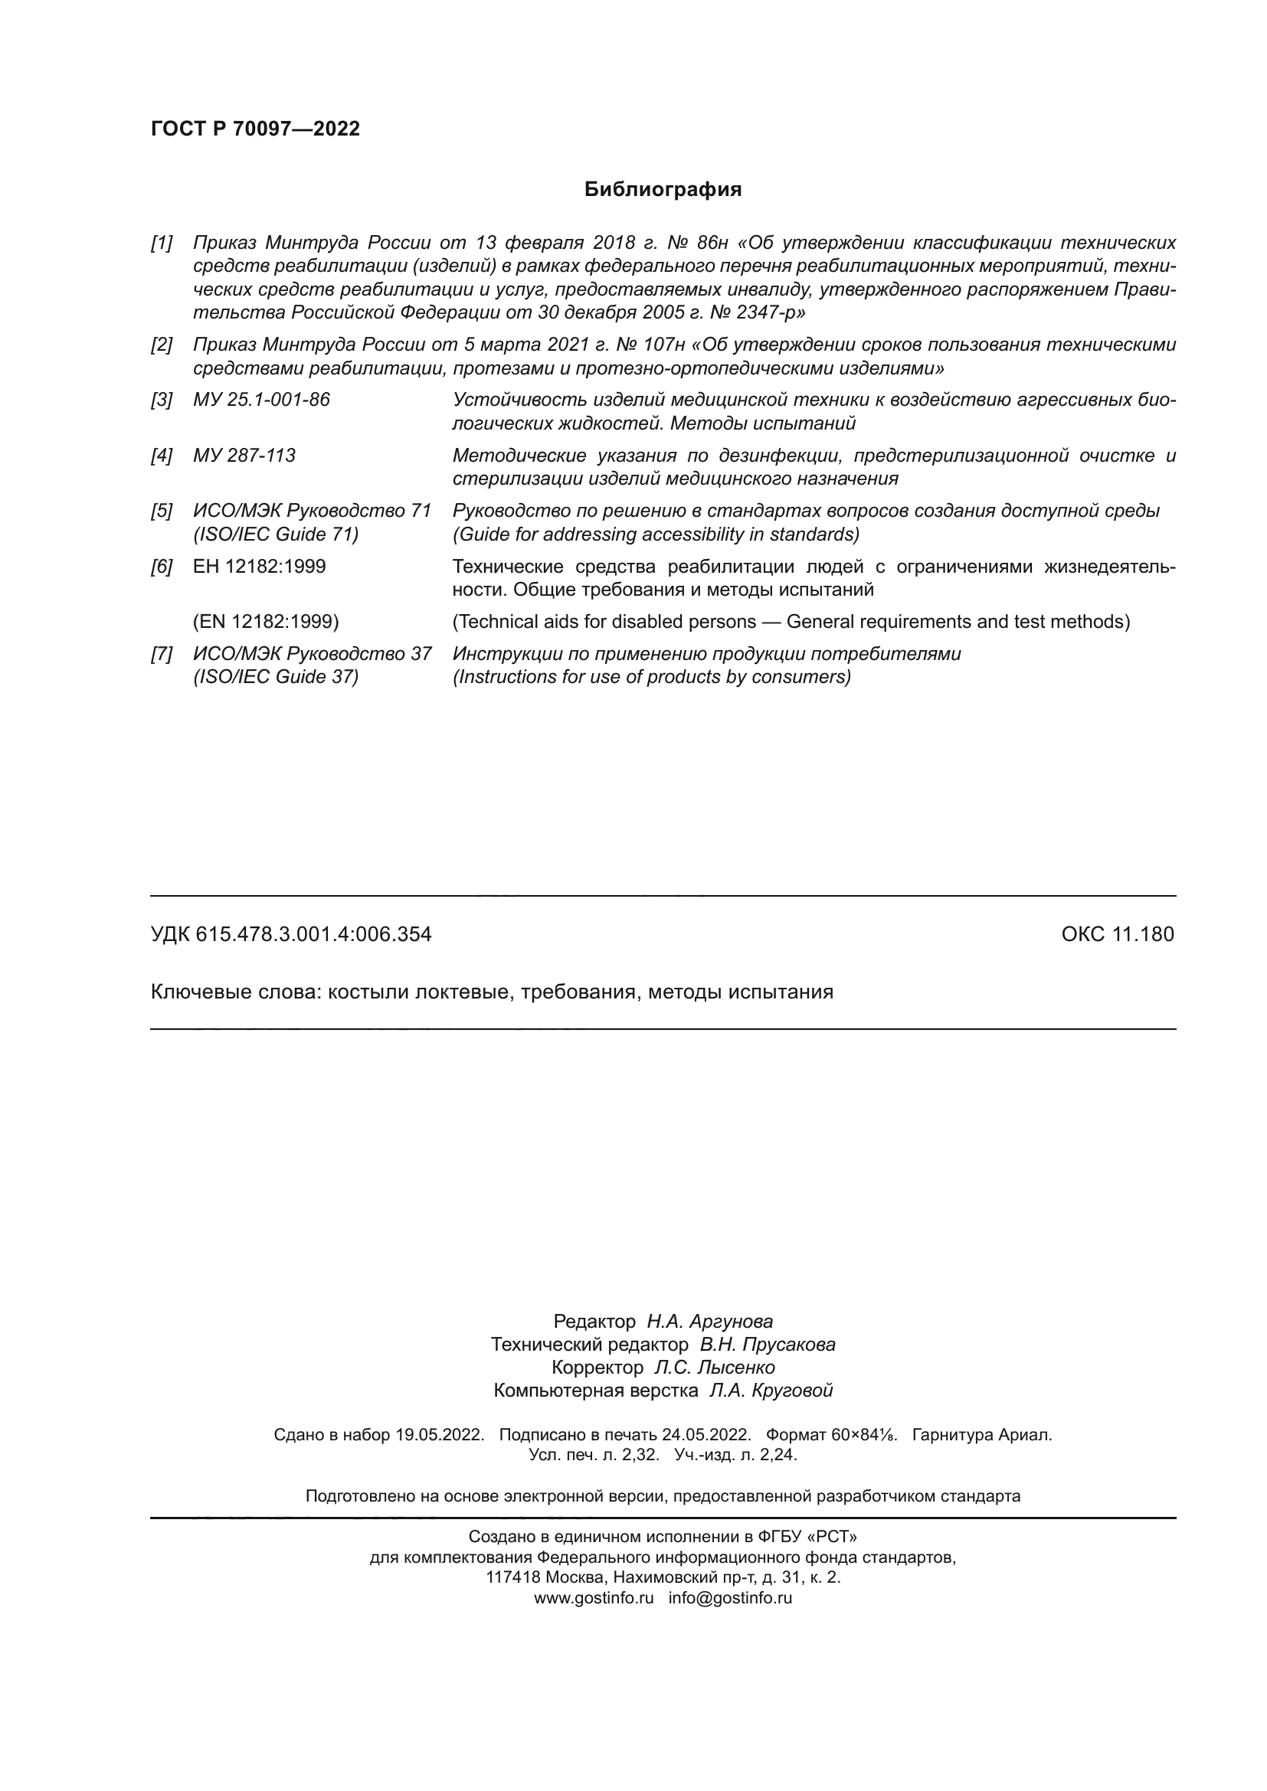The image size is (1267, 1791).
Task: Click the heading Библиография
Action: (x=663, y=190)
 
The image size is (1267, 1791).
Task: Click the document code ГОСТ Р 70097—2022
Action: (x=255, y=129)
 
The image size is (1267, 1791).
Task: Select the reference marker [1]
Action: (x=162, y=243)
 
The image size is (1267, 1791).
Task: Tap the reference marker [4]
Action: (x=162, y=456)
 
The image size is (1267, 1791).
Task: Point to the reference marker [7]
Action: (x=162, y=654)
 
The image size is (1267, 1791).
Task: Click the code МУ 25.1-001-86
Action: (x=261, y=400)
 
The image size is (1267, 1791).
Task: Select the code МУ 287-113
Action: (x=244, y=456)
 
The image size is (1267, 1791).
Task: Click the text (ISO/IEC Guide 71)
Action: (x=277, y=534)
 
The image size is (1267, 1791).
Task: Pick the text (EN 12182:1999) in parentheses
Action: (x=266, y=622)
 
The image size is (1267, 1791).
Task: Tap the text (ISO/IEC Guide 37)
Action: (x=277, y=676)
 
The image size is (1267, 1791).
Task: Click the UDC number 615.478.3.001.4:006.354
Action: (x=313, y=934)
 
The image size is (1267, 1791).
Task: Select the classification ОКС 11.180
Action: (x=1117, y=934)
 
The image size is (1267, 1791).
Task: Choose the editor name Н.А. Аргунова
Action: (x=710, y=1322)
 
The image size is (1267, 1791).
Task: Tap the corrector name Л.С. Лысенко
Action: (x=715, y=1368)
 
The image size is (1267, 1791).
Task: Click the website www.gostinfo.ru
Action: (x=594, y=1597)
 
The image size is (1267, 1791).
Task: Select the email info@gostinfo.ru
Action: (x=730, y=1597)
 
